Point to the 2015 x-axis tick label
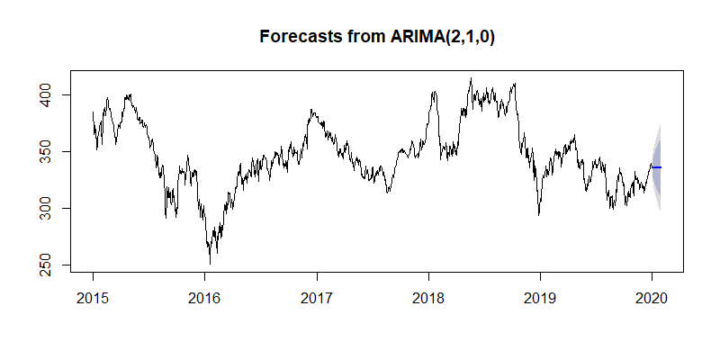point(93,297)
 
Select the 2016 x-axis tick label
point(204,297)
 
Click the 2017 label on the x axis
point(316,297)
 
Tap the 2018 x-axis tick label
point(428,297)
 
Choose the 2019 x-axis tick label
point(540,297)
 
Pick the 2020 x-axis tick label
point(652,297)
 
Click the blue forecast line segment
point(656,167)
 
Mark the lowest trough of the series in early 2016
point(210,263)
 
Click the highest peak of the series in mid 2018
point(471,78)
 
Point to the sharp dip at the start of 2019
point(538,214)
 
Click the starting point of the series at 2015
point(93,112)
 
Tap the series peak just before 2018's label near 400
point(435,92)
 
